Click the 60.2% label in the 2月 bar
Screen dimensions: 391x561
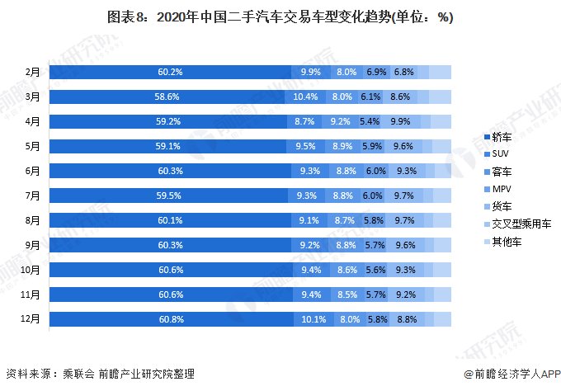click(x=170, y=73)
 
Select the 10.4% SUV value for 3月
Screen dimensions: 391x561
click(x=304, y=97)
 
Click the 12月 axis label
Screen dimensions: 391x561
click(x=31, y=318)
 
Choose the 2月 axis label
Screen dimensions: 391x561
click(x=33, y=73)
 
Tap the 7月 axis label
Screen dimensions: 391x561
click(x=33, y=195)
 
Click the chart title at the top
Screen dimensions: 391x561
click(x=280, y=17)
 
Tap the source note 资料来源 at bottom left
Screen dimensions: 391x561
click(x=100, y=374)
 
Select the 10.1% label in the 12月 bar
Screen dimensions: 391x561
click(x=313, y=318)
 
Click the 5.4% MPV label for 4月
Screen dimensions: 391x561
click(x=369, y=121)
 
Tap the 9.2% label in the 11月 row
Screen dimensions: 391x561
click(x=406, y=293)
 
